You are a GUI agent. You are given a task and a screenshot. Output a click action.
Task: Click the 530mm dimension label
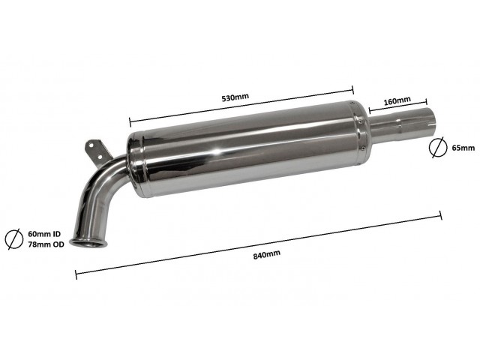[235, 97]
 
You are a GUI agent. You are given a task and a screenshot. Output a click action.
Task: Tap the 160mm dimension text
[397, 100]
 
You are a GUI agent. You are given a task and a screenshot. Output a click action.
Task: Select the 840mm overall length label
[267, 254]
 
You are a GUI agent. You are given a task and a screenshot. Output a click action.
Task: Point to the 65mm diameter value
[463, 148]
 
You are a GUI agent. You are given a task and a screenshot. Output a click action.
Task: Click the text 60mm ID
[44, 234]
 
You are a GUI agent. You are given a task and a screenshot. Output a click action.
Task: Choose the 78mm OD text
[46, 244]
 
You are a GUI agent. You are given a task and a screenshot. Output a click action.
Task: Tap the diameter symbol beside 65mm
[437, 147]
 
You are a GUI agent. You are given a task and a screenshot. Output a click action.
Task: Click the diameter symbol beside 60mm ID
[13, 238]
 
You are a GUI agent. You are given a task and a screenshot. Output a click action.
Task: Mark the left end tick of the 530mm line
[130, 121]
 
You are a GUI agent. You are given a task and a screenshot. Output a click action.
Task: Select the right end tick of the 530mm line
[353, 90]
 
